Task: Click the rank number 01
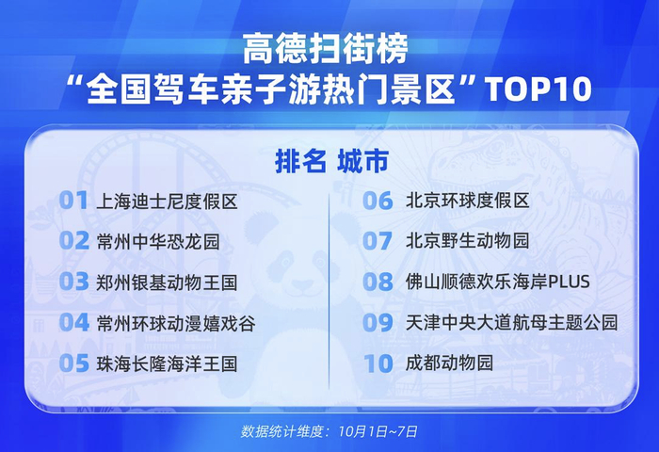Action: point(73,201)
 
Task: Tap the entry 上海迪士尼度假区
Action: point(167,202)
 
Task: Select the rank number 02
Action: point(74,241)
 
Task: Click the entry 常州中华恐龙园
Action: point(158,242)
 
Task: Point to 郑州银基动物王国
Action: point(167,282)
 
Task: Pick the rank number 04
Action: point(74,322)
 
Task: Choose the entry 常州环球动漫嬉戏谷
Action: point(176,323)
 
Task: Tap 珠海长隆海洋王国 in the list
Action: point(167,363)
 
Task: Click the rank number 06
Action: point(378,201)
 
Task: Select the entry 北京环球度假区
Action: point(467,201)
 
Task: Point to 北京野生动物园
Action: point(467,241)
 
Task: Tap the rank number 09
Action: point(378,322)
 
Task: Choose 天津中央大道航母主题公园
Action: point(511,322)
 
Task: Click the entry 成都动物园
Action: point(449,363)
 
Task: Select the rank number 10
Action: point(378,363)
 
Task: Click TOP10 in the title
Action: point(539,89)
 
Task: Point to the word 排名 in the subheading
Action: point(300,161)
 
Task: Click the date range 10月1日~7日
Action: point(378,431)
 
